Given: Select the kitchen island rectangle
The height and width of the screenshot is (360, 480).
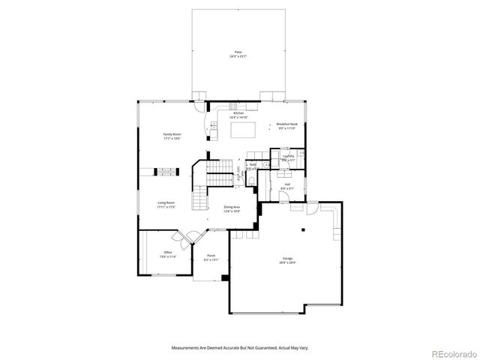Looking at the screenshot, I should pyautogui.click(x=242, y=130).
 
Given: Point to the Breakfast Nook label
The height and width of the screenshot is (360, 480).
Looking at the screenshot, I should pyautogui.click(x=287, y=124).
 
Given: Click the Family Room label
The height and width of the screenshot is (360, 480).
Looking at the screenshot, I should pyautogui.click(x=172, y=133).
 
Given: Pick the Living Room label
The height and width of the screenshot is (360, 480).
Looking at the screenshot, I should pyautogui.click(x=166, y=202).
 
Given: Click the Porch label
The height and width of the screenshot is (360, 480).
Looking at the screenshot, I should pyautogui.click(x=211, y=256).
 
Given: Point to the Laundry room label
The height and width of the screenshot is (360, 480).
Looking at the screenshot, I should pyautogui.click(x=288, y=156).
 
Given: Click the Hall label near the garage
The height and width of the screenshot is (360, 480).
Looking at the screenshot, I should pyautogui.click(x=286, y=184).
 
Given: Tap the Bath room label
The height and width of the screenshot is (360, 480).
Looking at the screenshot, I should pyautogui.click(x=253, y=164).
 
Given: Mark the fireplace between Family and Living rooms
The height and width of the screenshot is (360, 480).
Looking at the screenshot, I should pyautogui.click(x=168, y=171).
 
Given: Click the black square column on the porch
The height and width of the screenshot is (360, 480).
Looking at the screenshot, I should pyautogui.click(x=223, y=277).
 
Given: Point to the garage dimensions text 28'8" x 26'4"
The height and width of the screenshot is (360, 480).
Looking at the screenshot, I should pyautogui.click(x=287, y=263).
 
